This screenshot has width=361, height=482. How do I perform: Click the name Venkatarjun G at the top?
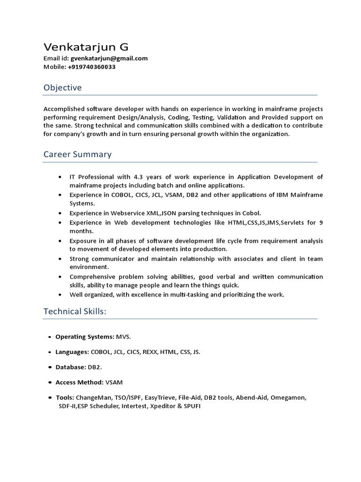click(86, 47)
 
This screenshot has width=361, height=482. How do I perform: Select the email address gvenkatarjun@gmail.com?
click(109, 58)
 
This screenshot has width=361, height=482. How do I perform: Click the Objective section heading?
click(63, 88)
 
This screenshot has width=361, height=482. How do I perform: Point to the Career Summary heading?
click(78, 154)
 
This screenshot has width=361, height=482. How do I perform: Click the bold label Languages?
click(72, 352)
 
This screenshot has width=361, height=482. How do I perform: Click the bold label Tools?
click(65, 398)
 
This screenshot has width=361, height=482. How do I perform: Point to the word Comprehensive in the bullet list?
click(94, 277)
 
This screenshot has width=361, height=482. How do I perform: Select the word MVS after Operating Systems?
click(124, 337)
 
